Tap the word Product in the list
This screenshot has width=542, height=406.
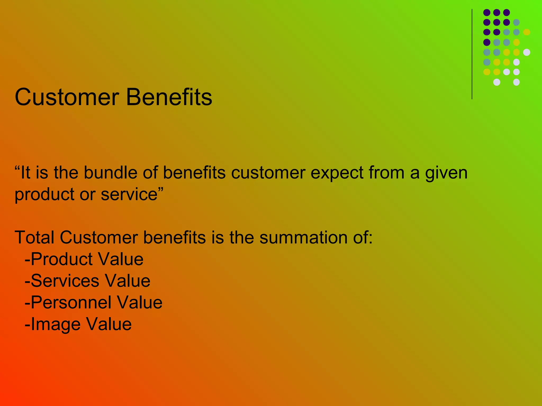point(61,259)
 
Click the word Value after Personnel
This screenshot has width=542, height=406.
point(139,302)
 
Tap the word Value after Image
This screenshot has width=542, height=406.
point(109,324)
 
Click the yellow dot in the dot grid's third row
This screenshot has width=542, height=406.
point(526,32)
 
